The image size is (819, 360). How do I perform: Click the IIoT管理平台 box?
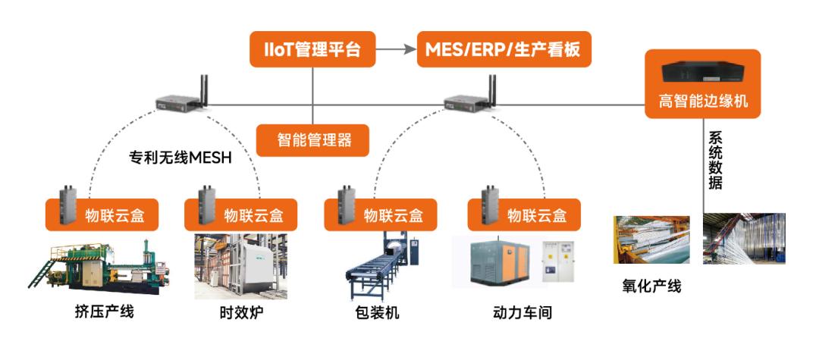(313, 50)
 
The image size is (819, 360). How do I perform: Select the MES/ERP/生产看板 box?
(504, 50)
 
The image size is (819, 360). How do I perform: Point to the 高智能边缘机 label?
(702, 101)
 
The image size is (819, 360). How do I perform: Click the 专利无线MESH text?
(179, 158)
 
